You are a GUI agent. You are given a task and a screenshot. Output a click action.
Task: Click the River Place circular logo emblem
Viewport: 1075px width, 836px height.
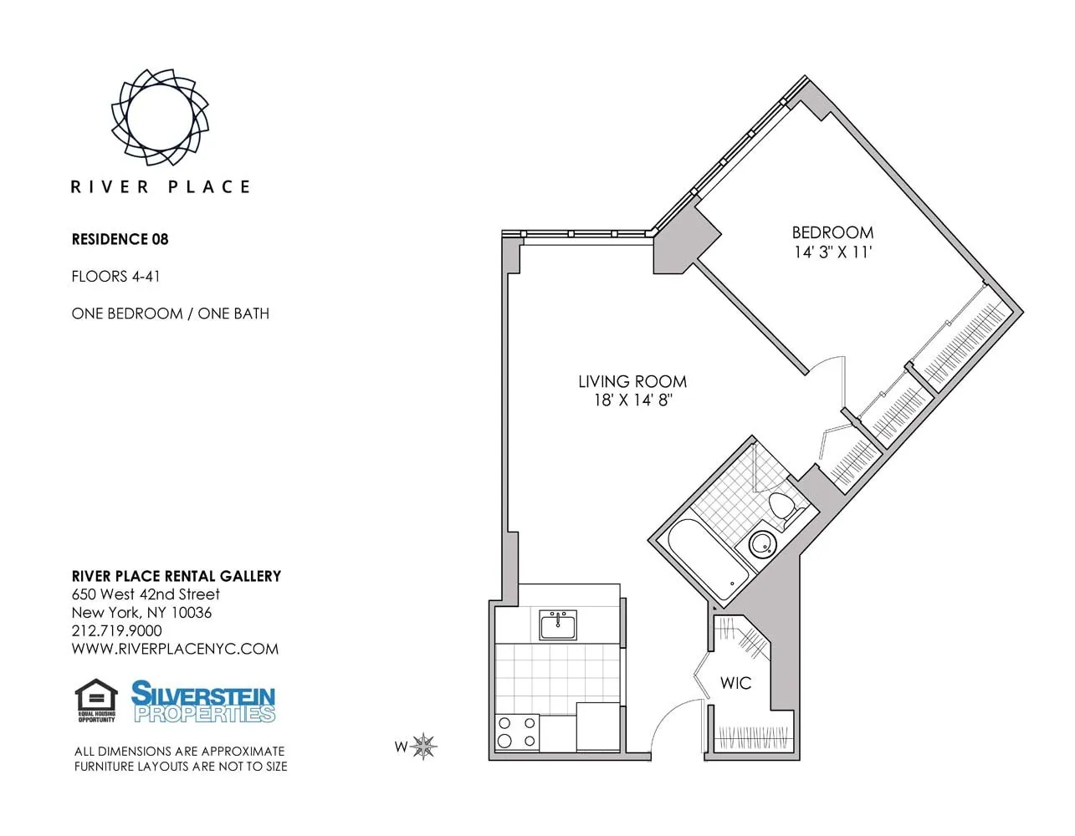[159, 116]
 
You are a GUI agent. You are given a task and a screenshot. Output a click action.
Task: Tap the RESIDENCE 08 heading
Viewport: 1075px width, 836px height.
[120, 239]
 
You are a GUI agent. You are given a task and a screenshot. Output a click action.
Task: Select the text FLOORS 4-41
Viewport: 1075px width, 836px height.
[115, 276]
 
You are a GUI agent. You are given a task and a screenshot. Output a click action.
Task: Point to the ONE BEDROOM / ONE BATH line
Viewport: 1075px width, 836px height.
[170, 313]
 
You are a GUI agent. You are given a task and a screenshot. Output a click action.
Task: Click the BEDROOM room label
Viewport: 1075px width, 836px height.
[832, 232]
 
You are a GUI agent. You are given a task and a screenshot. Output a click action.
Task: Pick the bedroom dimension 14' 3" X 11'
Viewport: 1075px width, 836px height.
[832, 252]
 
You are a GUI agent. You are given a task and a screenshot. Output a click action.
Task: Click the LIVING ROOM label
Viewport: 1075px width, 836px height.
[632, 381]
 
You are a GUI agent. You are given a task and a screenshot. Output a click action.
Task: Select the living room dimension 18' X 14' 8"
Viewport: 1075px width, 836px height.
[633, 400]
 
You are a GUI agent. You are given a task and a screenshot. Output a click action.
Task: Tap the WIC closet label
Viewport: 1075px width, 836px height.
[735, 683]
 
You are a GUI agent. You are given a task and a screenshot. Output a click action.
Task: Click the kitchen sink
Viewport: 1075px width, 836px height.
[557, 624]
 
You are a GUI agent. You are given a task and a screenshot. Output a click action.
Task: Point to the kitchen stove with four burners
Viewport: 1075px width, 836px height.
[516, 732]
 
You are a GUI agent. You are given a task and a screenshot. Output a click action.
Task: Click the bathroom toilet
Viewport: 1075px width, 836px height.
[783, 508]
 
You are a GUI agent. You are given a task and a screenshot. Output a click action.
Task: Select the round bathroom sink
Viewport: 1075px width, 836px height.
[761, 545]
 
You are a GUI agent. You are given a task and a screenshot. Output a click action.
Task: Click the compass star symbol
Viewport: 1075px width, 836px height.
[424, 746]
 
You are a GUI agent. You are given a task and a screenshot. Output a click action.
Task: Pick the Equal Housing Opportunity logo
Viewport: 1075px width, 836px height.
[96, 701]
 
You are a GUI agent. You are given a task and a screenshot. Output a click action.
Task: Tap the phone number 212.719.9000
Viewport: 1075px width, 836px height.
[116, 630]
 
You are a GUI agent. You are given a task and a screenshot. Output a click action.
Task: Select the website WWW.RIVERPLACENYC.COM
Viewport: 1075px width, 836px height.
[175, 649]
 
